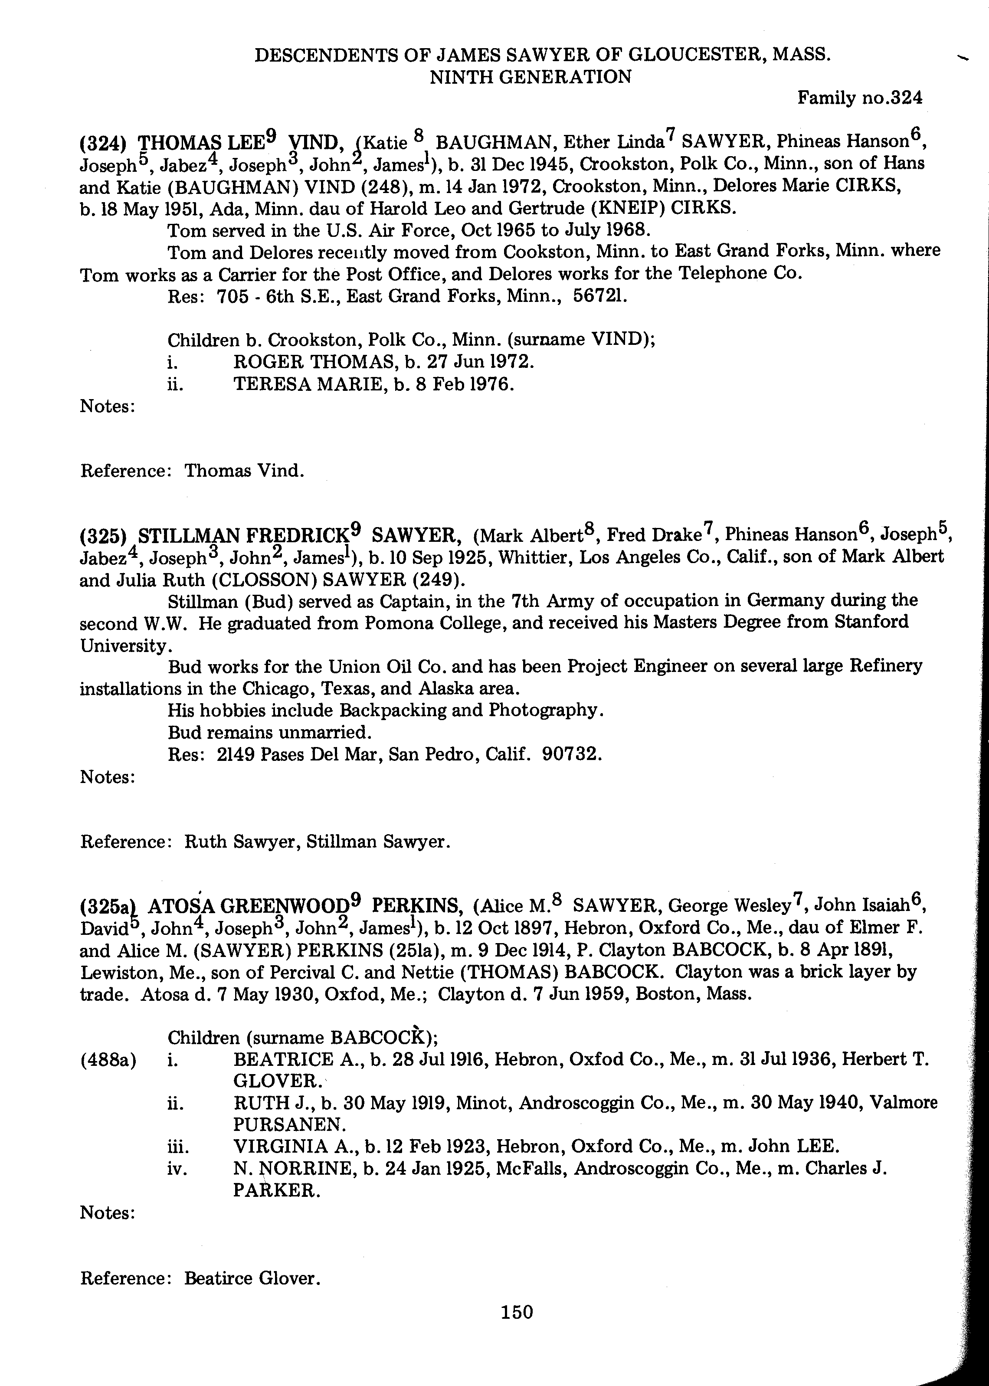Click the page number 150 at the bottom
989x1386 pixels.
[x=517, y=1311]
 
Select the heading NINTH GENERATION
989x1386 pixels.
[x=531, y=77]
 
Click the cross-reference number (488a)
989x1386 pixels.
[x=108, y=1060]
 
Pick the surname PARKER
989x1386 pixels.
[x=275, y=1190]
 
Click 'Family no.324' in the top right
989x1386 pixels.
[x=860, y=98]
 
